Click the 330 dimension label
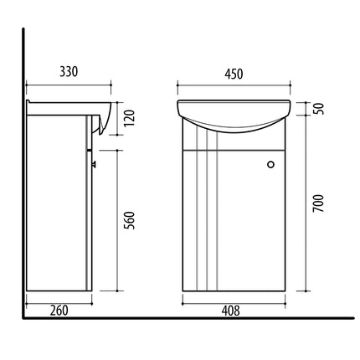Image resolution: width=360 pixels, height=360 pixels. tap(69, 72)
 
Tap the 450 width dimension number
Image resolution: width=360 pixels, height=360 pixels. tap(234, 74)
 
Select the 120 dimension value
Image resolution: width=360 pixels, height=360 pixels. tap(129, 118)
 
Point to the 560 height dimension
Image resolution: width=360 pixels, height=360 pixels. tap(129, 220)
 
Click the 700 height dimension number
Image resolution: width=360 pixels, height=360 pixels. tap(318, 203)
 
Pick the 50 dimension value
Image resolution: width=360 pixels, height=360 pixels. tap(319, 109)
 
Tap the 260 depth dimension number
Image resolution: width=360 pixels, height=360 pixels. tap(59, 311)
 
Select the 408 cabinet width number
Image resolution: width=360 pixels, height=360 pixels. tap(230, 311)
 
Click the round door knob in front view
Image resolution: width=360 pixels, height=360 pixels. tap(270, 164)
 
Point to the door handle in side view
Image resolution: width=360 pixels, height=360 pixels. tap(94, 164)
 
